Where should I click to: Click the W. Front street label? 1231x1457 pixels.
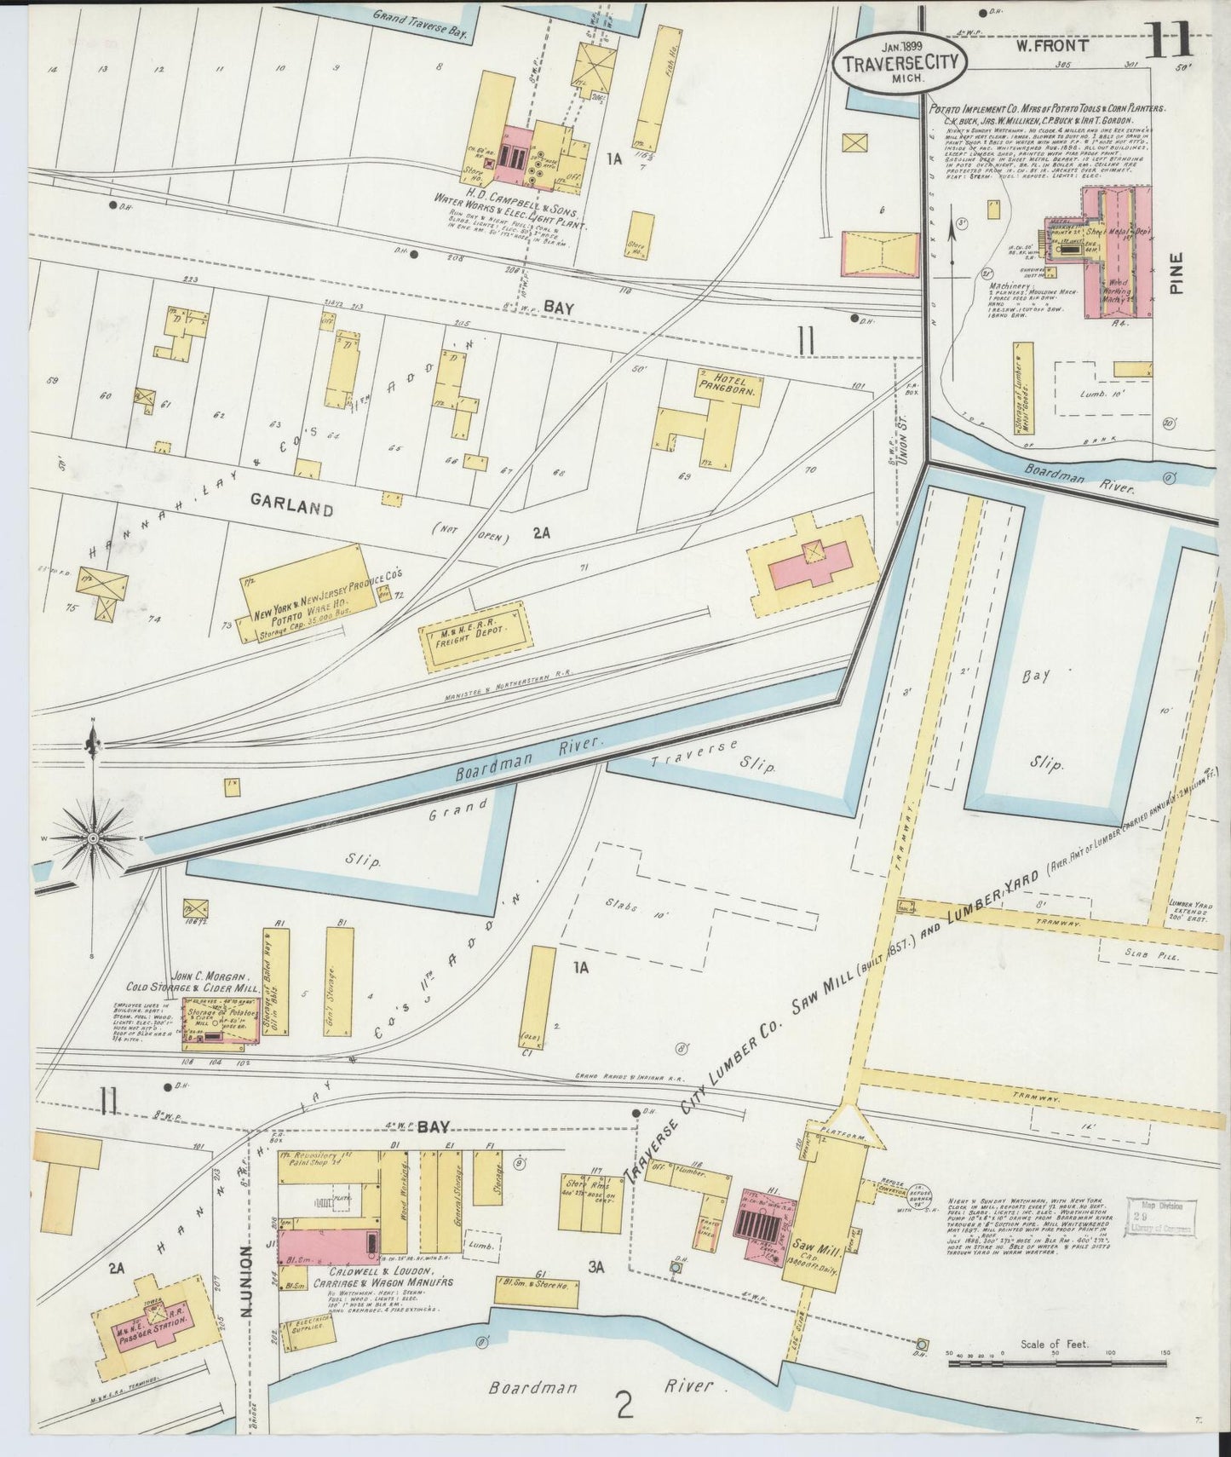pos(1051,46)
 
